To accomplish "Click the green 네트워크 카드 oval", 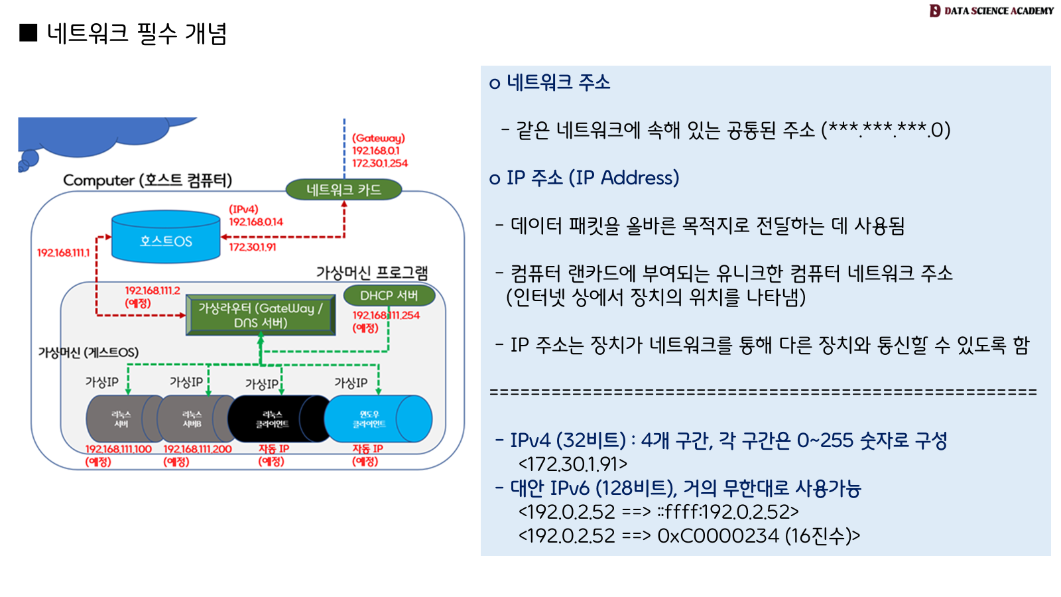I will pyautogui.click(x=343, y=190).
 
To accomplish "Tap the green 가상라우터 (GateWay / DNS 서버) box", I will pyautogui.click(x=260, y=315).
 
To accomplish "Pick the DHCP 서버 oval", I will pyautogui.click(x=389, y=295).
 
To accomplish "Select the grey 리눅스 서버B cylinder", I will pyautogui.click(x=192, y=419).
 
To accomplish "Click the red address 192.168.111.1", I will pyautogui.click(x=63, y=253).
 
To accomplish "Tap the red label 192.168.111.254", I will pyautogui.click(x=386, y=315).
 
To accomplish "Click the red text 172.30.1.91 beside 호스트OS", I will pyautogui.click(x=253, y=247).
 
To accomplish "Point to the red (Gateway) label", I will pyautogui.click(x=378, y=138).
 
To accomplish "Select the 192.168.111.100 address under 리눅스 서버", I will pyautogui.click(x=119, y=449).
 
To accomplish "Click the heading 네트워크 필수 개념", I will pyautogui.click(x=137, y=33).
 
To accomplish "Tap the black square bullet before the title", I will pyautogui.click(x=29, y=33).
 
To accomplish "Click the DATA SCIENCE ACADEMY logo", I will pyautogui.click(x=991, y=11).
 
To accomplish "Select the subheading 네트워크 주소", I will pyautogui.click(x=558, y=82).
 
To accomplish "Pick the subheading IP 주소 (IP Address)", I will pyautogui.click(x=592, y=178).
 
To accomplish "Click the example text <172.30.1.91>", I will pyautogui.click(x=573, y=464).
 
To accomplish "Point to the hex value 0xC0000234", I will pyautogui.click(x=718, y=535).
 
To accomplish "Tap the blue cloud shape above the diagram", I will pyautogui.click(x=99, y=136).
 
